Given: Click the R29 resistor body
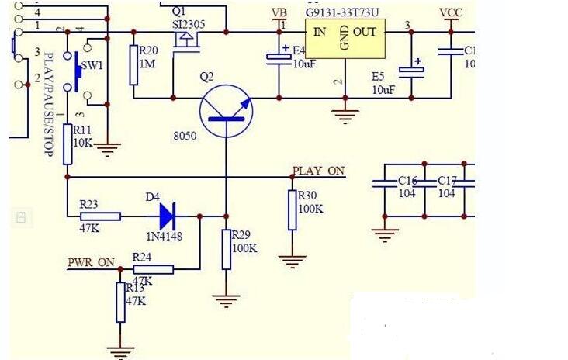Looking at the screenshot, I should coord(226,249).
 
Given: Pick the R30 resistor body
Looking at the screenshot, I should coord(292,209).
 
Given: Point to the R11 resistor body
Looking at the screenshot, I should coord(67,144).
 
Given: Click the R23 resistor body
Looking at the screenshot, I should coord(100,216).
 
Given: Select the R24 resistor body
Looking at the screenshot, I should coord(153,269).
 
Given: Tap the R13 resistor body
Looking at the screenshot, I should coord(120,302).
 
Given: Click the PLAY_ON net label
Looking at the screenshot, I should coord(318,171).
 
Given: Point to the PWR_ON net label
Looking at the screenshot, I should coord(90,262).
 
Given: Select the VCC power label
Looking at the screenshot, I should coord(451,13).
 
